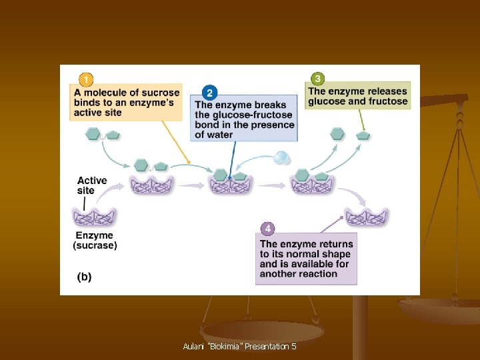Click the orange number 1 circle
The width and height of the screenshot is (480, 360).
tap(85, 79)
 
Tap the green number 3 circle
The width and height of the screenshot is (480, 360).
tap(318, 79)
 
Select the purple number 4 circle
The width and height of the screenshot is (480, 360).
tap(267, 229)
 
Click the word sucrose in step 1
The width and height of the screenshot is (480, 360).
tap(161, 93)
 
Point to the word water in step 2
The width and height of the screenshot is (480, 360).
tap(221, 135)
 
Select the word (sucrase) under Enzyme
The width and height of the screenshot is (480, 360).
tap(94, 245)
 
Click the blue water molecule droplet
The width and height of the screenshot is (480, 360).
tap(282, 157)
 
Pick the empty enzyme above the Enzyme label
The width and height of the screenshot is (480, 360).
tap(94, 217)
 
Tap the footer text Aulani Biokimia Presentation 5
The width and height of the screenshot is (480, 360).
tap(239, 347)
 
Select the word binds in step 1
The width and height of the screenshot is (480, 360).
tap(87, 103)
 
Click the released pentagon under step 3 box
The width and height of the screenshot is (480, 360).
tap(363, 135)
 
